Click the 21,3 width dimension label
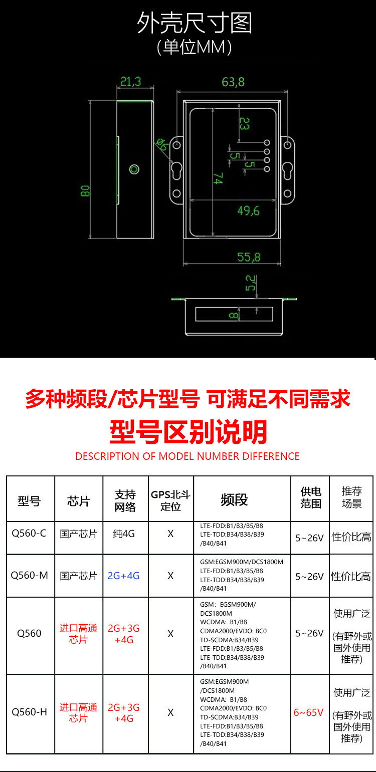(130, 82)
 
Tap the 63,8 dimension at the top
(233, 82)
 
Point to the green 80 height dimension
(85, 191)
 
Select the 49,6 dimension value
(248, 211)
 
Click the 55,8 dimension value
(249, 257)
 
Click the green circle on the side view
(134, 169)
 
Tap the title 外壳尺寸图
(195, 24)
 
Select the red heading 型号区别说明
(188, 431)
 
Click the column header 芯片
(79, 500)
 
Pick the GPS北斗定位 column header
(170, 500)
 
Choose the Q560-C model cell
(29, 534)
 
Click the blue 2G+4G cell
(123, 576)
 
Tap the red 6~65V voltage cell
(309, 712)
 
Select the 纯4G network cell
(124, 534)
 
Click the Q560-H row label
(29, 712)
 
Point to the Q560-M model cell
(30, 576)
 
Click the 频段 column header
(234, 499)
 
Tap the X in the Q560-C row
(170, 534)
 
